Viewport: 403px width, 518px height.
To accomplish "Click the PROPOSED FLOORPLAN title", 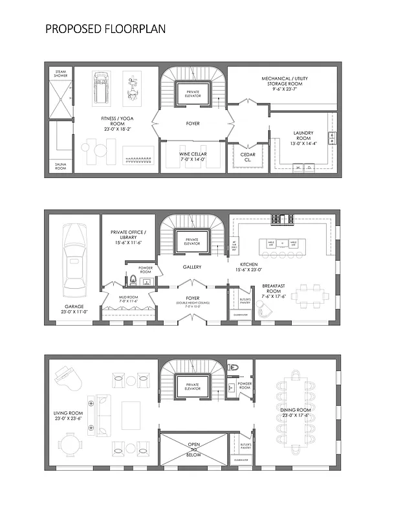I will (x=105, y=29).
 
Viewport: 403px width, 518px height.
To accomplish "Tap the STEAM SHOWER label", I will (x=60, y=74).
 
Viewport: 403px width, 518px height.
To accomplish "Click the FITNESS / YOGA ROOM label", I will (x=116, y=124).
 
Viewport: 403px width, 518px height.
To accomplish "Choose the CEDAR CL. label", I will (x=247, y=157).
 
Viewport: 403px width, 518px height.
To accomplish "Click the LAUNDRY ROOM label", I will (x=303, y=137).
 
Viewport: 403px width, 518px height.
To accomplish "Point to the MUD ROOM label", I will (x=129, y=299).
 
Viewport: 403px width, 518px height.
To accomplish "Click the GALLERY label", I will (x=192, y=267).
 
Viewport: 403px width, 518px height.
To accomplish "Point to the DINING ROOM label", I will (x=296, y=412).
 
